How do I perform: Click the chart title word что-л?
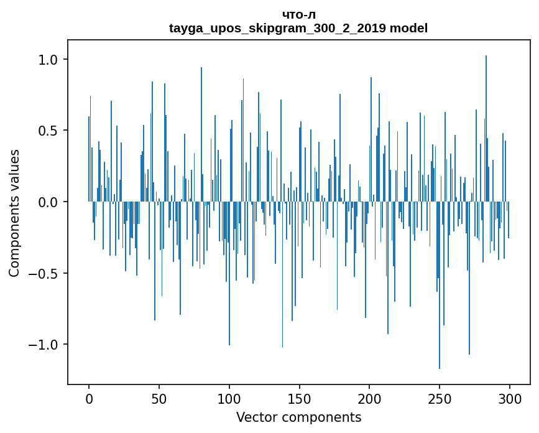pyautogui.click(x=298, y=15)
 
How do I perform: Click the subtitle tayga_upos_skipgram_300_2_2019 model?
pyautogui.click(x=298, y=28)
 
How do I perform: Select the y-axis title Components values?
pyautogui.click(x=14, y=213)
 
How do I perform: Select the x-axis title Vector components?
pyautogui.click(x=298, y=417)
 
